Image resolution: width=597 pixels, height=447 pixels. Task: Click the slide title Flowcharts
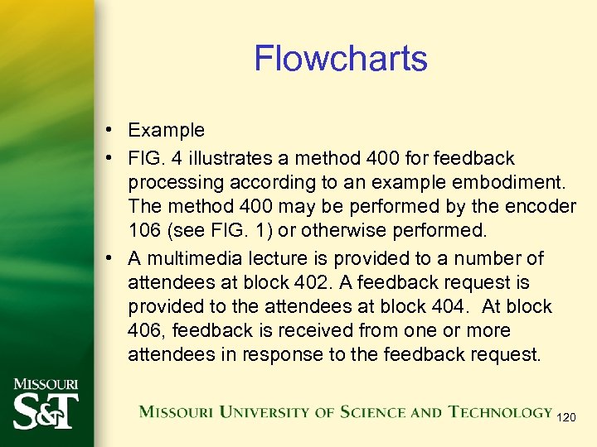340,59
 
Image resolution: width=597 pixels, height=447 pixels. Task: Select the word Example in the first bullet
166,130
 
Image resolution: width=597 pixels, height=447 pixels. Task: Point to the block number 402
311,282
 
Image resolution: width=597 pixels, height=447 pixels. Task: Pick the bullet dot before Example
110,131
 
